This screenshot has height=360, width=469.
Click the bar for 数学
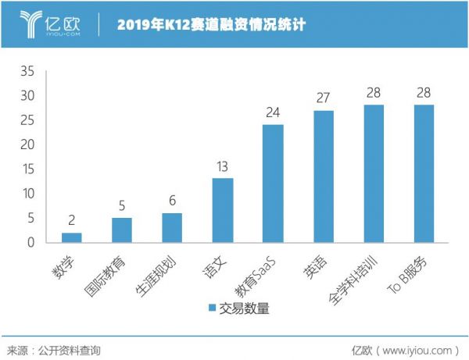[x=71, y=237]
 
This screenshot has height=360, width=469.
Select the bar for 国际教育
[x=121, y=230]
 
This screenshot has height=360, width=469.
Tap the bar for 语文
[x=223, y=210]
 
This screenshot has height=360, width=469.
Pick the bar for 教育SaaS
[x=273, y=184]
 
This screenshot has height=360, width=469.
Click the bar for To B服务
[x=424, y=173]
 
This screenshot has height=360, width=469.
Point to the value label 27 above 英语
[x=324, y=98]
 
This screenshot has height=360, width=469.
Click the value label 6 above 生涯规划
[x=172, y=201]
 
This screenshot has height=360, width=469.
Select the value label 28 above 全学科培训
[x=374, y=93]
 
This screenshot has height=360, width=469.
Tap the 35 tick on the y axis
[x=27, y=71]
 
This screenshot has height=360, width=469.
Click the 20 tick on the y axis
[x=27, y=144]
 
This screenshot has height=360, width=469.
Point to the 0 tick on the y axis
[x=31, y=242]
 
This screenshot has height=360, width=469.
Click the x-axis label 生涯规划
[x=156, y=269]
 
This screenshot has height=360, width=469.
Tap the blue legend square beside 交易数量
[x=213, y=308]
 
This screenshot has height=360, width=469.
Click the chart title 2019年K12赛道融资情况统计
[x=210, y=25]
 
